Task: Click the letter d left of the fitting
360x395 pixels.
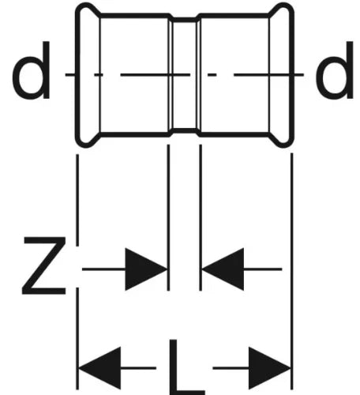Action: tap(32, 70)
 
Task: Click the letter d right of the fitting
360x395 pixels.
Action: tap(335, 70)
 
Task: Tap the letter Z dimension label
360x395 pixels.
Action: tap(44, 265)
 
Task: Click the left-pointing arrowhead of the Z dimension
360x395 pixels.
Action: tap(223, 269)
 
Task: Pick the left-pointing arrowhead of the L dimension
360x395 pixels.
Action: tap(99, 368)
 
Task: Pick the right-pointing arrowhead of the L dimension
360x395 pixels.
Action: tap(270, 368)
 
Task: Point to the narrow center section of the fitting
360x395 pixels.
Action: tap(185, 75)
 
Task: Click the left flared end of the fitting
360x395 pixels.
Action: tap(88, 75)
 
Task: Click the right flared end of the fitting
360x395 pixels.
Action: tap(282, 75)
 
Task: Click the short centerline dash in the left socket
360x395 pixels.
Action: tap(99, 75)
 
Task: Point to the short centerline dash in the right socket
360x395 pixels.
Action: tap(212, 75)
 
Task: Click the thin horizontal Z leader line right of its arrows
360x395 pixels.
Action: tap(263, 269)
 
